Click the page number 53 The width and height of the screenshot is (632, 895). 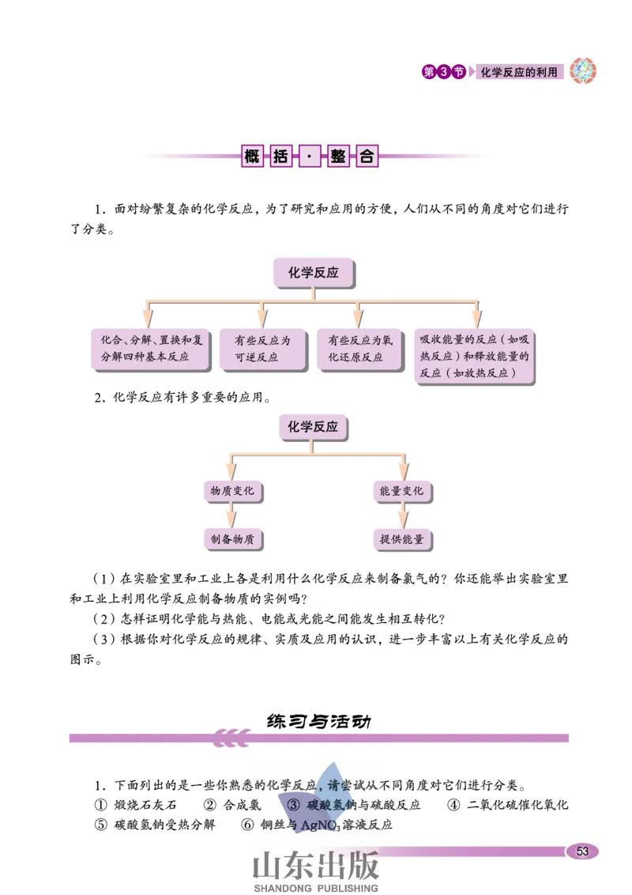pyautogui.click(x=582, y=851)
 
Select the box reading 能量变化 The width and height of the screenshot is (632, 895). pyautogui.click(x=401, y=491)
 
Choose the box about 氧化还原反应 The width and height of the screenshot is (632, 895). pyautogui.click(x=355, y=349)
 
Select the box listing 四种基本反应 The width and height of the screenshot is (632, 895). pyautogui.click(x=150, y=349)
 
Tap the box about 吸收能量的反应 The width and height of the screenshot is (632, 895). pyautogui.click(x=474, y=357)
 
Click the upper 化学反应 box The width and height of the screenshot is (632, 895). pyautogui.click(x=313, y=272)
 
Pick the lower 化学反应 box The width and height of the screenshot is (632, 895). pyautogui.click(x=313, y=426)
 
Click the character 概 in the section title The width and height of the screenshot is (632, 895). pyautogui.click(x=252, y=157)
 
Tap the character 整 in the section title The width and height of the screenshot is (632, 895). pyautogui.click(x=338, y=157)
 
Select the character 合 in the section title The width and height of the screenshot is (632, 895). pyautogui.click(x=367, y=157)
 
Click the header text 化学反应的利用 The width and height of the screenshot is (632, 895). pyautogui.click(x=524, y=72)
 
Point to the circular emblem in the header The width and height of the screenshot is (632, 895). pyautogui.click(x=585, y=72)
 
